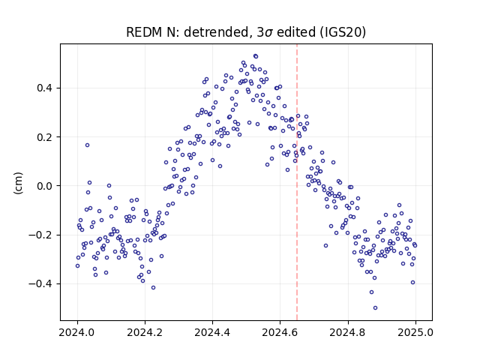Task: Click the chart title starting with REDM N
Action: click(x=246, y=32)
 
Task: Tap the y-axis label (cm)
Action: click(x=19, y=183)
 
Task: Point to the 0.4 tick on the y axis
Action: click(x=45, y=88)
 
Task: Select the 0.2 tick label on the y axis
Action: click(x=45, y=137)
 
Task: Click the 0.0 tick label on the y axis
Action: click(x=45, y=186)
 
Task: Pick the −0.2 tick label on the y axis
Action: click(x=40, y=235)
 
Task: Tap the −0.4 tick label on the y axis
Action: click(x=40, y=283)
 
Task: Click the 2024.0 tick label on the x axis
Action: click(x=77, y=332)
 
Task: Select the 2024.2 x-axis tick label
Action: click(x=145, y=332)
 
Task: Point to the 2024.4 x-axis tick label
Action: click(x=212, y=332)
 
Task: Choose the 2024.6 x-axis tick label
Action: click(x=280, y=332)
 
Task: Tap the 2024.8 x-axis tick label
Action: click(x=348, y=332)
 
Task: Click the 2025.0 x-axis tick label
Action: click(x=415, y=332)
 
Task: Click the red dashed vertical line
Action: click(x=297, y=182)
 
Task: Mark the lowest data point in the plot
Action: click(x=375, y=308)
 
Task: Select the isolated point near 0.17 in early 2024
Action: click(x=87, y=145)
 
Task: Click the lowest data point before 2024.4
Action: click(x=153, y=287)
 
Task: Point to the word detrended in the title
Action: click(x=218, y=32)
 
